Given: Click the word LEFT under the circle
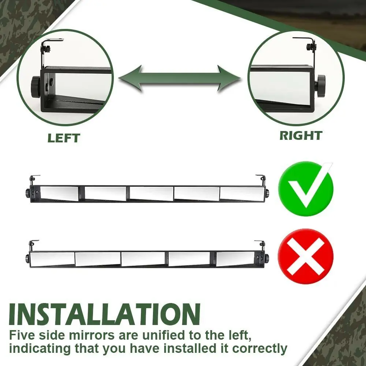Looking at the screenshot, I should pos(64,138).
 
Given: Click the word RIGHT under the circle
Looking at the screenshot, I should pos(301,135).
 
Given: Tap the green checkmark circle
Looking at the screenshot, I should pos(306,188).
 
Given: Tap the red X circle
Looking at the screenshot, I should pos(306,256).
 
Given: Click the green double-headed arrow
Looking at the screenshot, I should pos(179,78).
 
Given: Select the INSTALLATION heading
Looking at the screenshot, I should pos(105,314).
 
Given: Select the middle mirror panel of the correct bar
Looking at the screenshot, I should pos(152,193).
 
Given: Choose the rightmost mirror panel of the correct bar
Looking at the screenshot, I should pos(242,194).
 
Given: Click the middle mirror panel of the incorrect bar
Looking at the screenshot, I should pos(143,259).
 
